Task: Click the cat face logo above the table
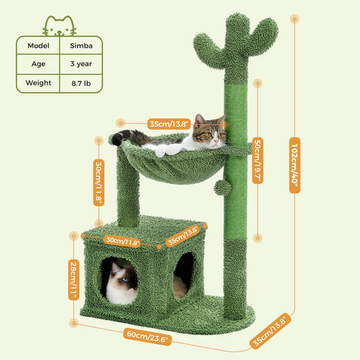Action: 59,25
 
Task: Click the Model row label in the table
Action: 38,46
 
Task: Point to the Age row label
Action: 38,65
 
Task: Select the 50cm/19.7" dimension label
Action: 257,161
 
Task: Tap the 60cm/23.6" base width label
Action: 148,336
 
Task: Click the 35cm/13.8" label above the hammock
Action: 170,124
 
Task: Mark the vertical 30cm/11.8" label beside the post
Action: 99,182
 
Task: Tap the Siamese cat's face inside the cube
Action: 122,284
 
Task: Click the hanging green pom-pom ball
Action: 222,187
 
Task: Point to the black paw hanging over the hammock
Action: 118,139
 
